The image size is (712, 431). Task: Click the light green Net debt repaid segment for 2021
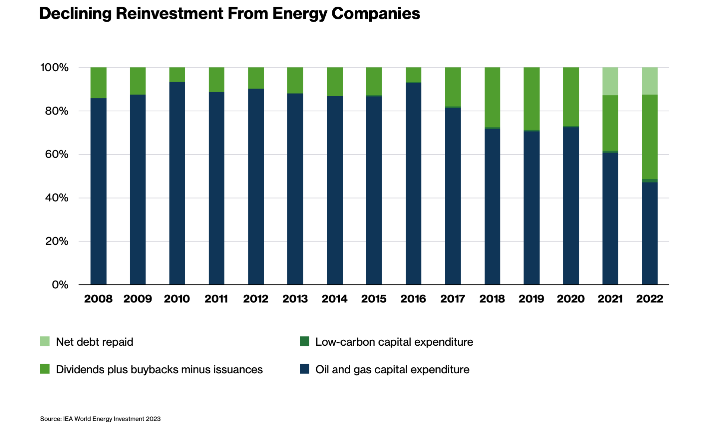tap(610, 81)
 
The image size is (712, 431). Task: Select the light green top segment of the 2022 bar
tap(649, 81)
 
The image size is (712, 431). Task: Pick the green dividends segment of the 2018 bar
tap(492, 97)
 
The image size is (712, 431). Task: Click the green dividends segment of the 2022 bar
tap(649, 137)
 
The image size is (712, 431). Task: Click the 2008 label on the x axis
tap(98, 299)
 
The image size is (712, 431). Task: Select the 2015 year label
tap(374, 299)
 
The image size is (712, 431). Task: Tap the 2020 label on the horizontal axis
tap(570, 299)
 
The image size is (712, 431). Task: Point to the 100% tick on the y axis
tap(54, 67)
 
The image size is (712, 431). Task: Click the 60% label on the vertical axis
tap(57, 154)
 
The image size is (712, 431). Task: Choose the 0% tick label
tap(60, 285)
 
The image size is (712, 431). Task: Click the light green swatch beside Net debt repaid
tap(45, 341)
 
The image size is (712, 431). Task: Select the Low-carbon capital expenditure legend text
tap(394, 342)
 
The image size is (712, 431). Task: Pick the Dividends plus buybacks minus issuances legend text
tap(159, 370)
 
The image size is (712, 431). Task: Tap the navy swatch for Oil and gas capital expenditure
tap(304, 369)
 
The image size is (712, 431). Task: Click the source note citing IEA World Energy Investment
tap(100, 419)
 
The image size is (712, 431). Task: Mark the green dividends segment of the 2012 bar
tap(256, 78)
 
